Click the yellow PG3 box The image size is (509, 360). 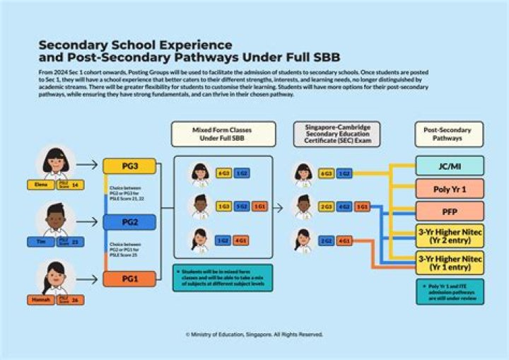coord(129,166)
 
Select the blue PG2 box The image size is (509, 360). coord(129,222)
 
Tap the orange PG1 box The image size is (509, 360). coord(129,279)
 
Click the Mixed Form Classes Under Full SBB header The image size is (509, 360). coord(222,134)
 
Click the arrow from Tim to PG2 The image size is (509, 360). coord(86,222)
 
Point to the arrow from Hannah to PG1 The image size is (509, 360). coord(86,279)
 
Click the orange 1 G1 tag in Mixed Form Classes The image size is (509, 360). coord(259,207)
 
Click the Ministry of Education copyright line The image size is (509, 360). coord(254,334)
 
